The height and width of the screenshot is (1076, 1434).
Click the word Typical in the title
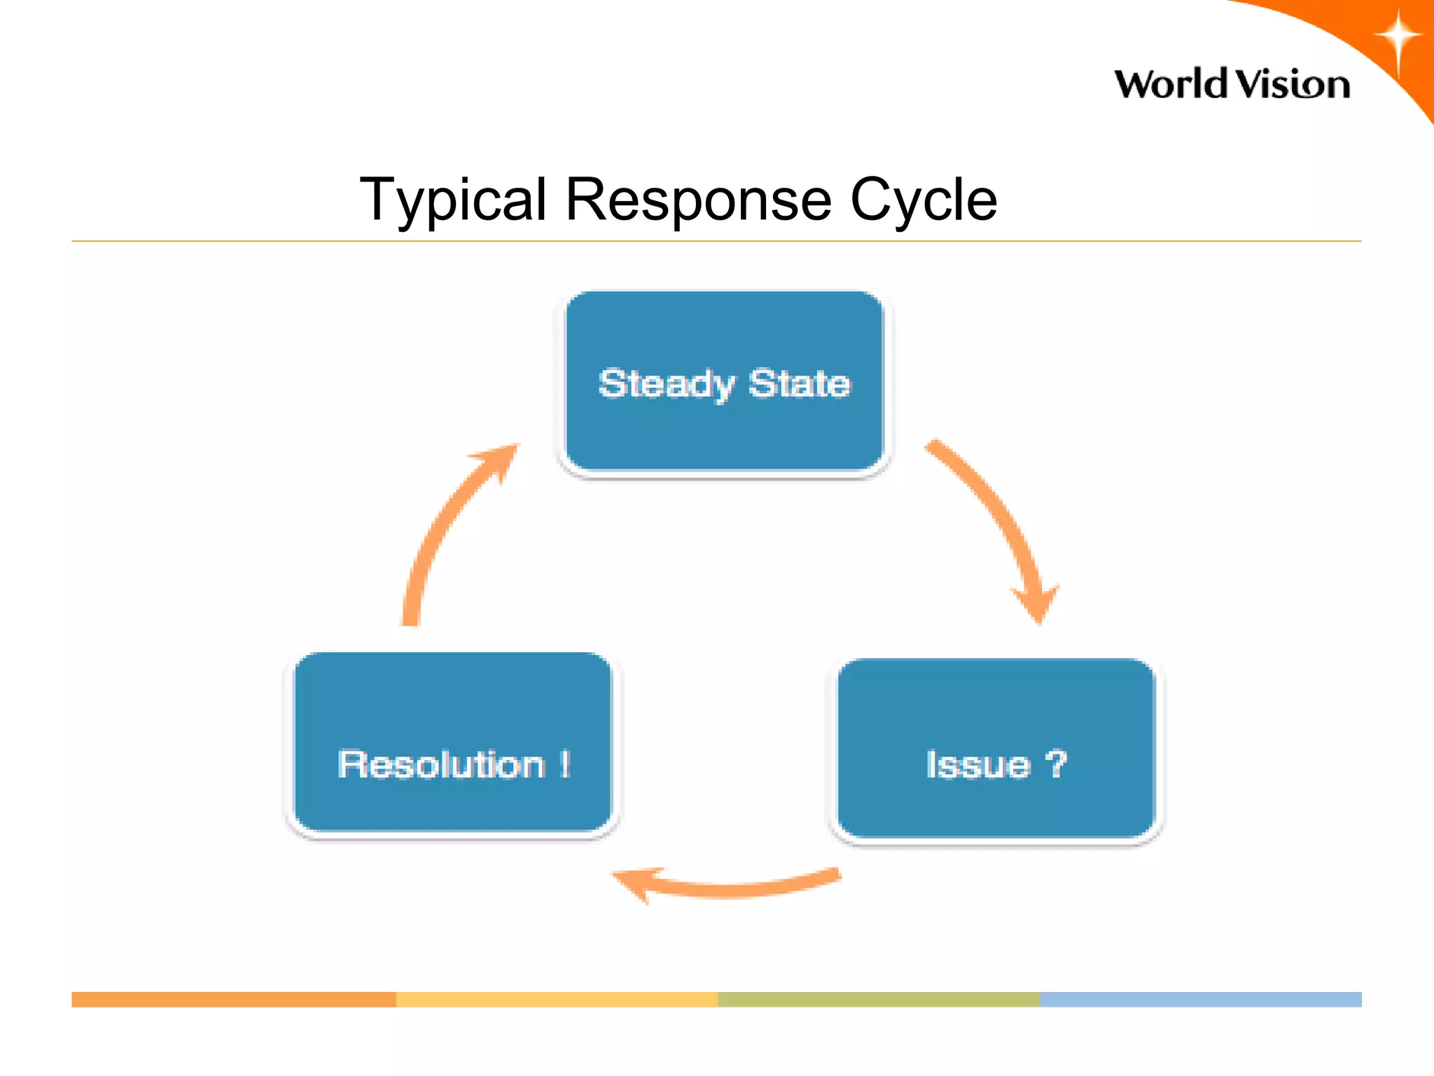[452, 200]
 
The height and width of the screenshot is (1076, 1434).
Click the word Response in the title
[698, 200]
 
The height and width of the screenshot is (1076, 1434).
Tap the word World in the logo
[1171, 85]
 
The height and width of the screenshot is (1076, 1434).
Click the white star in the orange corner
[1397, 36]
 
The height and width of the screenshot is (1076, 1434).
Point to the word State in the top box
[799, 384]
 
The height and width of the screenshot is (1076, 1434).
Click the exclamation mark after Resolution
[565, 764]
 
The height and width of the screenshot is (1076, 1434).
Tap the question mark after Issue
[1055, 764]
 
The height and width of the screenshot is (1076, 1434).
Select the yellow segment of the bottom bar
[557, 1000]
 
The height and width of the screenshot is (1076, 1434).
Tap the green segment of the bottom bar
[879, 1000]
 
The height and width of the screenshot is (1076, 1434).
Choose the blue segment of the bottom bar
[1201, 1000]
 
